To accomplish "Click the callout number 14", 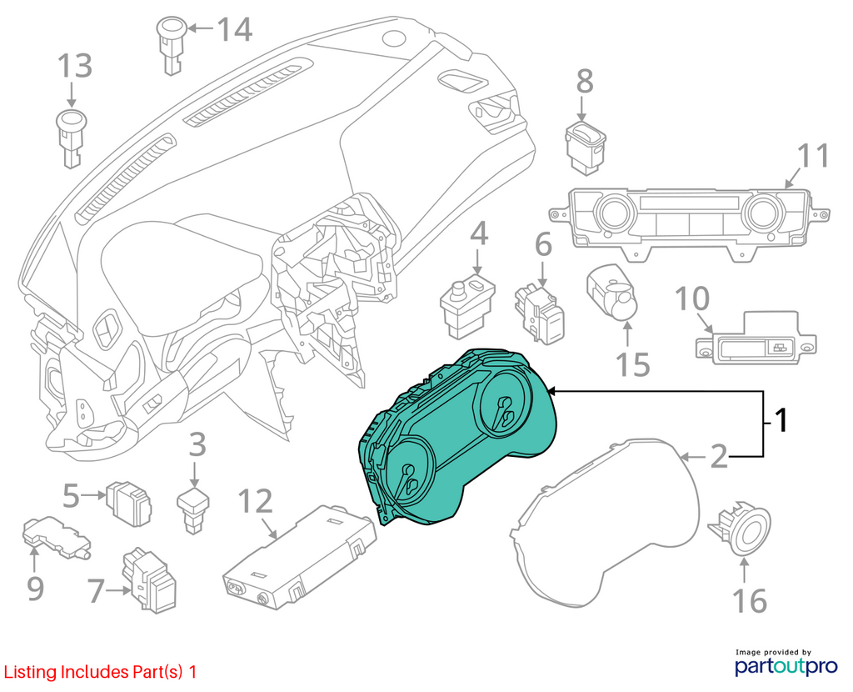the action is (x=235, y=29).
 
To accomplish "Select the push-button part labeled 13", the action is (x=71, y=138).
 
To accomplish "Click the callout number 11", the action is (x=813, y=155).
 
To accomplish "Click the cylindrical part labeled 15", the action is (x=612, y=293).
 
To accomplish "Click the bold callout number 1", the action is (x=781, y=420).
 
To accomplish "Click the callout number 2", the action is (x=719, y=456).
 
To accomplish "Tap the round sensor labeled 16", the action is (x=741, y=526).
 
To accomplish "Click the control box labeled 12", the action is (x=300, y=556).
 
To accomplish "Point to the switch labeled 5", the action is (x=128, y=503).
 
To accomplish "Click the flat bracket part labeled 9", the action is (x=56, y=538).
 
